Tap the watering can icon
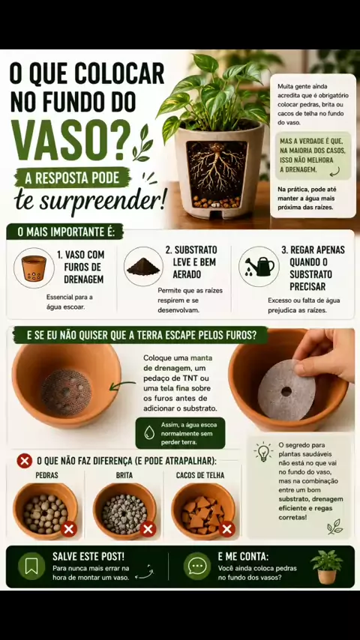click(x=259, y=267)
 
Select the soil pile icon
click(x=143, y=266)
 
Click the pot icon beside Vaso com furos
click(x=34, y=268)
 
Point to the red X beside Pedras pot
click(x=69, y=529)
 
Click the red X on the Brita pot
click(x=148, y=529)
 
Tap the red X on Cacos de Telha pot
click(x=226, y=529)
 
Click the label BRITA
click(x=124, y=475)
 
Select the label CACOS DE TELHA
click(x=200, y=475)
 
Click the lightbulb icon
click(x=263, y=452)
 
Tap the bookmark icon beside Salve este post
click(x=31, y=566)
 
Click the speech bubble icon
click(x=197, y=566)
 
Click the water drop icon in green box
click(x=149, y=433)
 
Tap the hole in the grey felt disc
click(x=286, y=391)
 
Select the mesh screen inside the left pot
click(x=67, y=393)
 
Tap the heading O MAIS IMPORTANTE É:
click(x=65, y=232)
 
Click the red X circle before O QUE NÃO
click(x=25, y=461)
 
